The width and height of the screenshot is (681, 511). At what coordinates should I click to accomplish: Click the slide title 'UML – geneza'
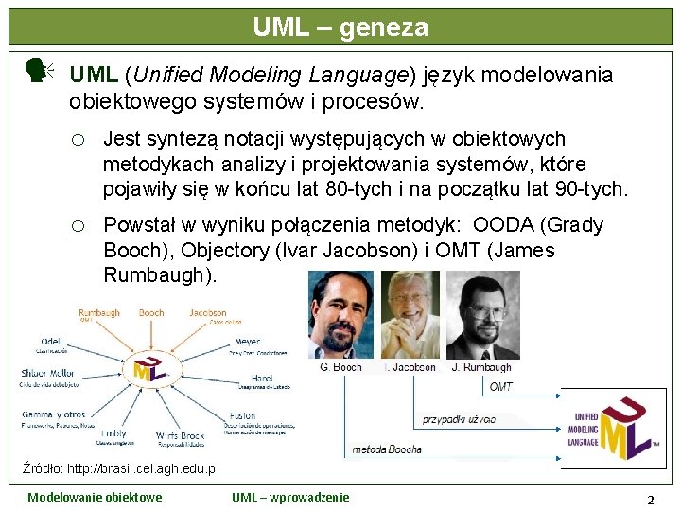pos(340,27)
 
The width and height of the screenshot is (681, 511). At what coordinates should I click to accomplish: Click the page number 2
pos(650,500)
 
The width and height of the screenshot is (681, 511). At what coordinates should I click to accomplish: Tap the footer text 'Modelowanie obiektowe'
pos(95,498)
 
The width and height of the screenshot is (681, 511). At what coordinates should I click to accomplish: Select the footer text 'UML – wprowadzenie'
pos(290,498)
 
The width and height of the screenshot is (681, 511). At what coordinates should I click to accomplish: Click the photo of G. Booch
pos(341,316)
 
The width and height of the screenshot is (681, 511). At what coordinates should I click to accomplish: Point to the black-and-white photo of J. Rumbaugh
pos(483,316)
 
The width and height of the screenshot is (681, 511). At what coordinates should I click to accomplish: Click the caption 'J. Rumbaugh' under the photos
pos(481,367)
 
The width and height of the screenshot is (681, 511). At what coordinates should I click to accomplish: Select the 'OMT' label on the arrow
pos(501,386)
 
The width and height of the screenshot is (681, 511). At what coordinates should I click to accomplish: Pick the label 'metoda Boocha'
pos(387,449)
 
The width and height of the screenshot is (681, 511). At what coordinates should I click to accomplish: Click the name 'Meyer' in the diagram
pos(248,342)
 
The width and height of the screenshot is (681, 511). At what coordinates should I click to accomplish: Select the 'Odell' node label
pos(53,341)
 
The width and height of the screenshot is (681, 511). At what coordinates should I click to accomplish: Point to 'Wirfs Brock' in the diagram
pos(180,436)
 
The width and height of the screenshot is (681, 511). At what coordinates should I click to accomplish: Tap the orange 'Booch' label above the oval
pos(151,313)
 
